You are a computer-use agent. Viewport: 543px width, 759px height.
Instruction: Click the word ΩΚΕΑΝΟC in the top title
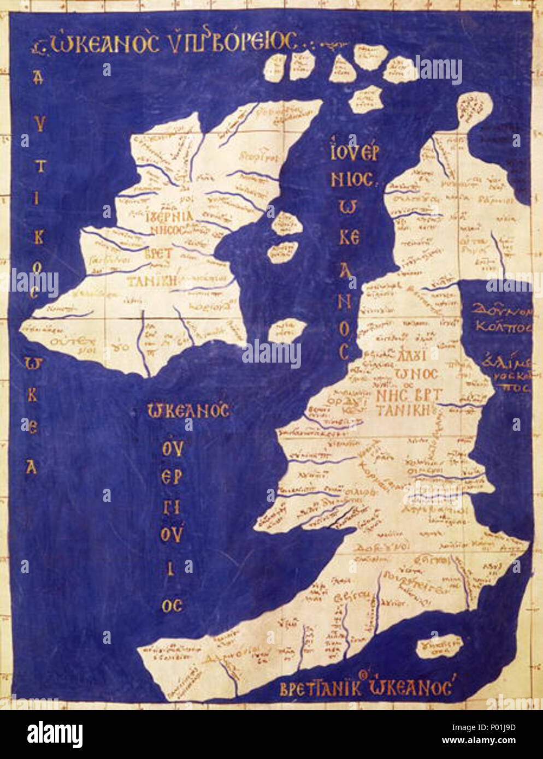click(104, 44)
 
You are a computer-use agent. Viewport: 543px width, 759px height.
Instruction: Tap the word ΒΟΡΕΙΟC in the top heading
click(254, 43)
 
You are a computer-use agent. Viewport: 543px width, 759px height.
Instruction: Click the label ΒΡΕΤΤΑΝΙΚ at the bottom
click(321, 689)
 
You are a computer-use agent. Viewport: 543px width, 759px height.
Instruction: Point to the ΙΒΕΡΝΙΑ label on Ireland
click(170, 217)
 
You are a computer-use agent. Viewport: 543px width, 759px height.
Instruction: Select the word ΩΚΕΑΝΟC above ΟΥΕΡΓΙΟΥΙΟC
click(188, 411)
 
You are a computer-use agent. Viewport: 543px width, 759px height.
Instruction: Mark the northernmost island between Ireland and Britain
click(284, 223)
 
